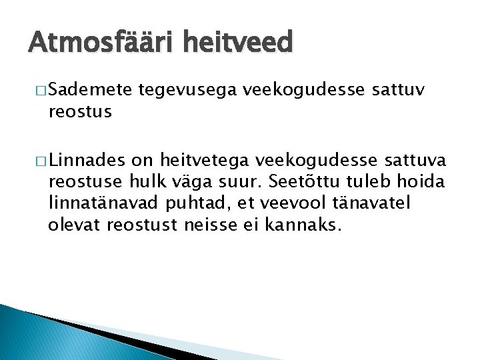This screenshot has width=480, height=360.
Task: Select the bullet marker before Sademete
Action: (37, 89)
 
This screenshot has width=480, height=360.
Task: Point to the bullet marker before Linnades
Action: (37, 159)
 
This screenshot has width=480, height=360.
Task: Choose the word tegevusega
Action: (189, 89)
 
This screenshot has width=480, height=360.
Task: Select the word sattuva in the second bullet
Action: (412, 159)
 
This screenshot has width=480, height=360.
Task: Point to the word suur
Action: (239, 181)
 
